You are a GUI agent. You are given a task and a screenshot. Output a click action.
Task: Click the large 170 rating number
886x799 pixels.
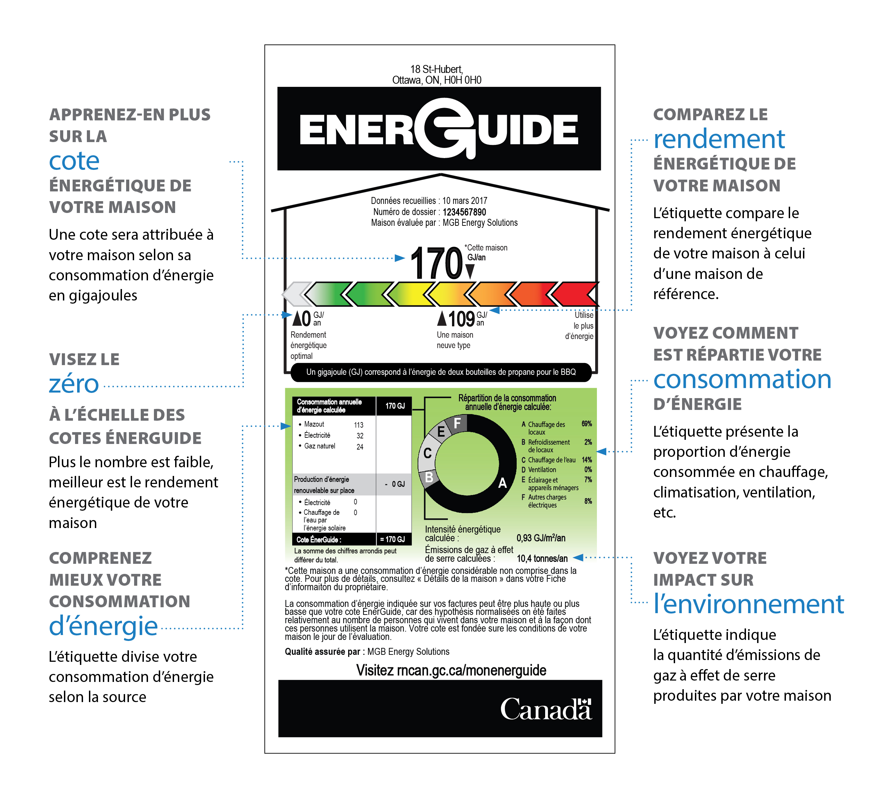click(x=436, y=263)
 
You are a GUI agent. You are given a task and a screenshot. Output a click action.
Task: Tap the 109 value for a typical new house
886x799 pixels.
click(x=461, y=319)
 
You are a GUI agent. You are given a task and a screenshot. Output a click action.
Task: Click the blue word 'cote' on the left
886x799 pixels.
click(x=74, y=161)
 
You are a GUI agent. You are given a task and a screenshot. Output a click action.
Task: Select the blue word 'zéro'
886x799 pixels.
click(x=74, y=384)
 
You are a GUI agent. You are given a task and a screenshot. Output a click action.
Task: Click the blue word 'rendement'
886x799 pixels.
click(x=719, y=140)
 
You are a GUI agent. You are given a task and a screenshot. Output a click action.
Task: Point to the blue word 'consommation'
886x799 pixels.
click(x=742, y=380)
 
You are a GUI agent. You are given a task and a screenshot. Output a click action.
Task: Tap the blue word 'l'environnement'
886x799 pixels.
click(x=748, y=604)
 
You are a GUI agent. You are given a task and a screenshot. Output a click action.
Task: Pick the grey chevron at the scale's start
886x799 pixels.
click(x=296, y=294)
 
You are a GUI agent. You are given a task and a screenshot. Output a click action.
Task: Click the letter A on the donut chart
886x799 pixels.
click(x=502, y=483)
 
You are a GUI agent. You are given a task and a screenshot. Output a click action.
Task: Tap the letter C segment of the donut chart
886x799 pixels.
click(x=427, y=453)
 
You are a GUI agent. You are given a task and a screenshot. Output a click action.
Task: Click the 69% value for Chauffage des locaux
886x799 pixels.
click(x=586, y=424)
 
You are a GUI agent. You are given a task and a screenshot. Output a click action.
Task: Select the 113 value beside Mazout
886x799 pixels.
click(x=359, y=425)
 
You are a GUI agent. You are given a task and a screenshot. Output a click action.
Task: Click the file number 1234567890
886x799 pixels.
click(x=464, y=212)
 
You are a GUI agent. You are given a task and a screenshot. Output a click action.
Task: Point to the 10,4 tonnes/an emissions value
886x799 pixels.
click(x=542, y=558)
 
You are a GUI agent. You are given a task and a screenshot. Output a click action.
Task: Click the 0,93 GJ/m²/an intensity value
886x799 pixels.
click(x=541, y=538)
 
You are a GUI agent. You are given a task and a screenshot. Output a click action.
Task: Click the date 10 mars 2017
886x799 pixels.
click(x=465, y=201)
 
